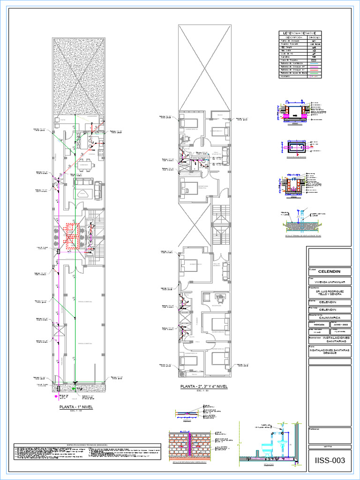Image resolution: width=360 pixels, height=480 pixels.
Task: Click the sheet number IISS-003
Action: pyautogui.click(x=330, y=460)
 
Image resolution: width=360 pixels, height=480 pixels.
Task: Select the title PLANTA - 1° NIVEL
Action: pyautogui.click(x=75, y=407)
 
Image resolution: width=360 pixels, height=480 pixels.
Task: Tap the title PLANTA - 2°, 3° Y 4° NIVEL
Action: pyautogui.click(x=204, y=387)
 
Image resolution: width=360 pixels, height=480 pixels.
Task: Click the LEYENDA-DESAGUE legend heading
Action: pyautogui.click(x=300, y=33)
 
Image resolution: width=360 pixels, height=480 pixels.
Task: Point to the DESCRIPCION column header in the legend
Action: pyautogui.click(x=292, y=37)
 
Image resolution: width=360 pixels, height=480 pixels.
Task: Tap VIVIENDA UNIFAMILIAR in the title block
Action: pyautogui.click(x=329, y=282)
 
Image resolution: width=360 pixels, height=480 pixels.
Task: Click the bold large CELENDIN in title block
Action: pyautogui.click(x=329, y=272)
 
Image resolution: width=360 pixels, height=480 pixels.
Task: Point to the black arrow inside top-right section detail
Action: pyautogui.click(x=296, y=114)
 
